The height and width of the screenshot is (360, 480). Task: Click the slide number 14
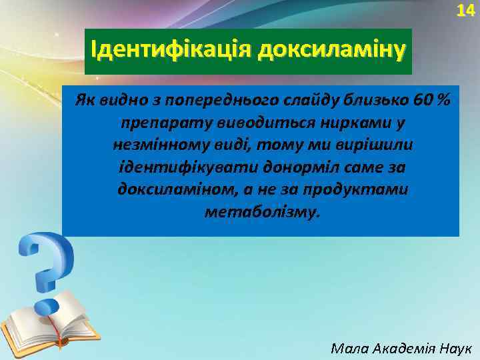pos(465,11)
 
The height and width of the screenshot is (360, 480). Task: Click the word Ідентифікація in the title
pos(171,49)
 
